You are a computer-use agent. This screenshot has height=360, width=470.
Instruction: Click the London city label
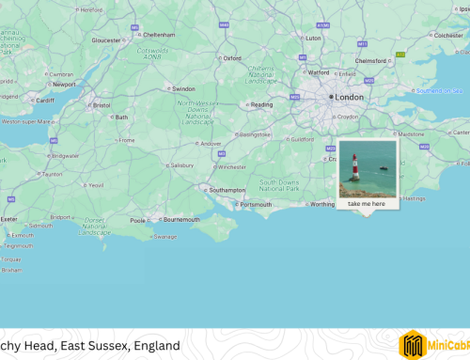(350, 97)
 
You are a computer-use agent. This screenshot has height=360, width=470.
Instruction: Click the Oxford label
(232, 57)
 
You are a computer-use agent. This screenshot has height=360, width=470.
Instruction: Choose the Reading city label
(262, 104)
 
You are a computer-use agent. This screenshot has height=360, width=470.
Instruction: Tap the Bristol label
(102, 105)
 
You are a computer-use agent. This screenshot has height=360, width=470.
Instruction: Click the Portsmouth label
(256, 204)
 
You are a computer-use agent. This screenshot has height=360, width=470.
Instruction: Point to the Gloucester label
(107, 40)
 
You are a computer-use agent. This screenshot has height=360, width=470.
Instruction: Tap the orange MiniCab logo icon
(414, 345)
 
